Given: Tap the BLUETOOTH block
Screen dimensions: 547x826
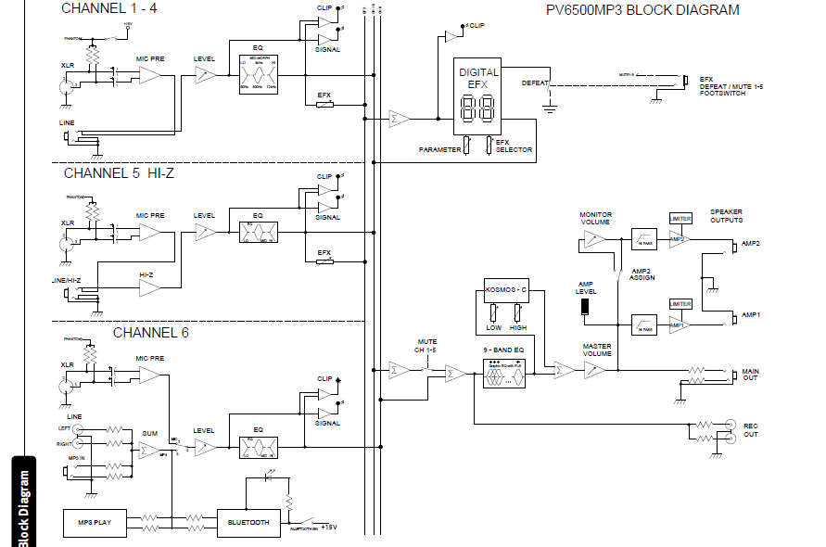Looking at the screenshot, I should (248, 522).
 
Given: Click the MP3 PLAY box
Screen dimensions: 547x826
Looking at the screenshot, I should (95, 522).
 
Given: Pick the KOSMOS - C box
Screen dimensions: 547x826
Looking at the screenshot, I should (506, 288).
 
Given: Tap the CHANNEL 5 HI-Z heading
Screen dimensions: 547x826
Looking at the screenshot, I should (119, 173).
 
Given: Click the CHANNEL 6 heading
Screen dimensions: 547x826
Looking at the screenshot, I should (150, 332).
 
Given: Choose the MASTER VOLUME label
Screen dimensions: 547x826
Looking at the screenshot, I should (595, 350).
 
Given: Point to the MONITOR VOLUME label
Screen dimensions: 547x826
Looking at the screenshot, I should (595, 218).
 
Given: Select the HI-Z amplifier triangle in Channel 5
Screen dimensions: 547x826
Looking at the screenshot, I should (149, 289).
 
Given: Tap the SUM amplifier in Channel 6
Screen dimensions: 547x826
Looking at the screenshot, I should (148, 451).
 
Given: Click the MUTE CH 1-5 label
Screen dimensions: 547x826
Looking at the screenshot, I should (426, 346).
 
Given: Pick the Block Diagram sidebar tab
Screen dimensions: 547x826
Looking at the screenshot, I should (22, 505).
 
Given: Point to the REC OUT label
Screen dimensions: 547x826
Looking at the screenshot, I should (750, 430).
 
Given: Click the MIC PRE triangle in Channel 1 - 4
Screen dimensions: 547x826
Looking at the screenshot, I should (149, 74).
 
